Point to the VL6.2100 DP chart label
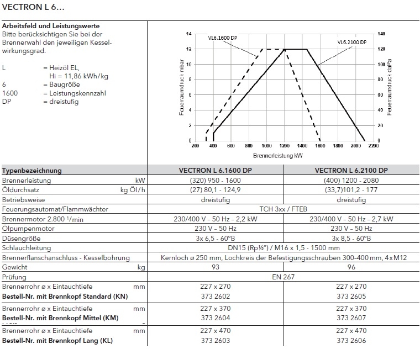(351, 42)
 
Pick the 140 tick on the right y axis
(381, 34)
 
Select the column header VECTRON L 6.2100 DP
(351, 171)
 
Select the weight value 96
(351, 267)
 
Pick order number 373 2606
(351, 341)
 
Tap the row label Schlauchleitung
(27, 248)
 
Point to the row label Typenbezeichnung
(32, 171)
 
